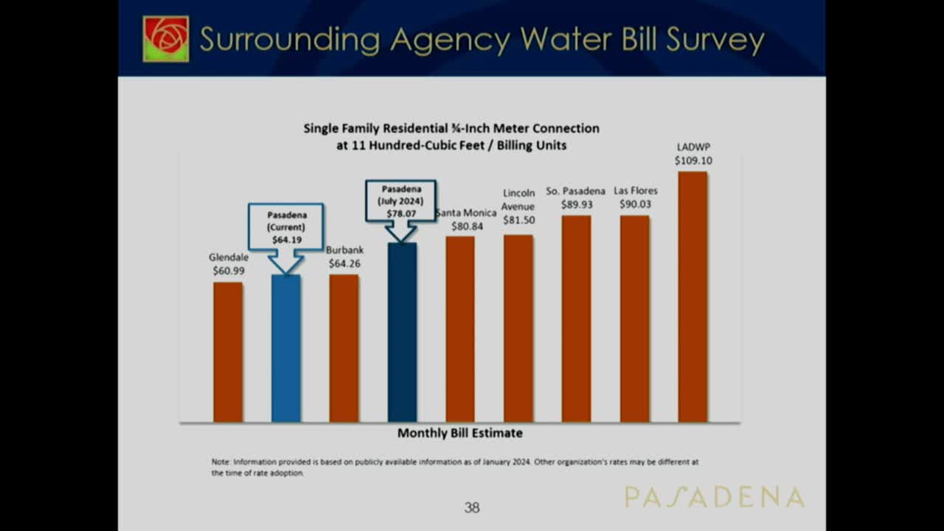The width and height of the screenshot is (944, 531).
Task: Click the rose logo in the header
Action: coord(166,38)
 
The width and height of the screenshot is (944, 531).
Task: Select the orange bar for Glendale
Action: coord(228,352)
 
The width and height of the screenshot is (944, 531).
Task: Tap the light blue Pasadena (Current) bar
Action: coord(286,348)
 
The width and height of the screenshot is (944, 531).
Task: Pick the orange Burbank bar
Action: coord(344,348)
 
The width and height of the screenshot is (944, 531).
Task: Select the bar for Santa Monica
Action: coord(460,329)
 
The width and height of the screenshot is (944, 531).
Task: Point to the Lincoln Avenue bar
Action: coord(518,328)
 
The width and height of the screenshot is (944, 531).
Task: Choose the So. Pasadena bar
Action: coord(576,319)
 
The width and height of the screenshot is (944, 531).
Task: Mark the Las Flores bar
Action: coord(634,319)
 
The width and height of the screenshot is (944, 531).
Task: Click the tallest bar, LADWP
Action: coord(693,296)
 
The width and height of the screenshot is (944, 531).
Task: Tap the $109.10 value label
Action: coord(693,160)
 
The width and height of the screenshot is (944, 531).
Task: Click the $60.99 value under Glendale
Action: coord(228,271)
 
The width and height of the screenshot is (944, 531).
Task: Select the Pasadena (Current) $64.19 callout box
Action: coord(286,226)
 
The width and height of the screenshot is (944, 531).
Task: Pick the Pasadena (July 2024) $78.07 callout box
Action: coord(401,201)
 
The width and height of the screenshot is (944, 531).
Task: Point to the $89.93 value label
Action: coord(576,204)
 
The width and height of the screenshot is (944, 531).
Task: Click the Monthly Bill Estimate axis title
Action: coord(460,433)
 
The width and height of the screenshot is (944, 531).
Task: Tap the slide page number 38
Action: coord(472,507)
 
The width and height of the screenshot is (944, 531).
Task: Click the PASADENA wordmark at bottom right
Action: coord(714,497)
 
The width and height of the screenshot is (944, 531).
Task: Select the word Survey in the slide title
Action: coord(715,40)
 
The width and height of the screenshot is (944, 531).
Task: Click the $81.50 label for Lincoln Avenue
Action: coord(518,220)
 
